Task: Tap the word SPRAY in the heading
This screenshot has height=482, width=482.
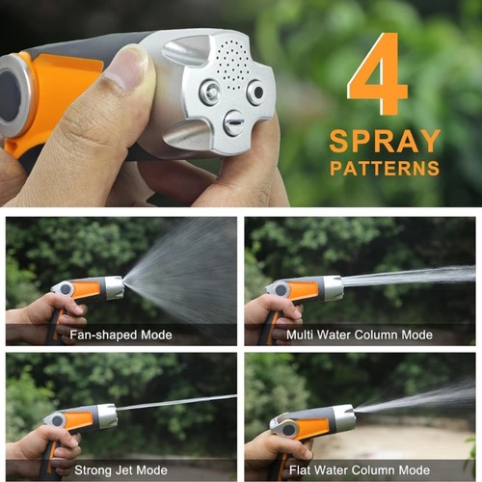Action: [x=384, y=141]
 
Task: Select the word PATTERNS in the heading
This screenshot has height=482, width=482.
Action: [x=384, y=168]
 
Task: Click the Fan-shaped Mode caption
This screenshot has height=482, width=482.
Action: [x=120, y=335]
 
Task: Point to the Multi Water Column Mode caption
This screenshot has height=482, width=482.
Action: [x=359, y=335]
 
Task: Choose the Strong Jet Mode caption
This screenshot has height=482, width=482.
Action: [x=120, y=469]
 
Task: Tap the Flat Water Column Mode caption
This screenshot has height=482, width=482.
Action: [x=359, y=469]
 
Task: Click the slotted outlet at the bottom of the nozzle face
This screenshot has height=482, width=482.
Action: [x=233, y=122]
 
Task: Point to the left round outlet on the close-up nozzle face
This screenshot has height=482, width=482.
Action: [x=209, y=93]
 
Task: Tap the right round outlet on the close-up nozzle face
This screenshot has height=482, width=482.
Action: [x=255, y=92]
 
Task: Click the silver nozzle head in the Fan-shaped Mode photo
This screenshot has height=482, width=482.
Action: [x=113, y=286]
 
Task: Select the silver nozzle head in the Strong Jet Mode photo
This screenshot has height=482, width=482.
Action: [x=105, y=415]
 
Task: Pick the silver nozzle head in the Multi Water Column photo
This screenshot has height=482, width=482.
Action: [x=331, y=286]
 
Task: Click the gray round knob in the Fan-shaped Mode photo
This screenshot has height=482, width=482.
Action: [x=64, y=288]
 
